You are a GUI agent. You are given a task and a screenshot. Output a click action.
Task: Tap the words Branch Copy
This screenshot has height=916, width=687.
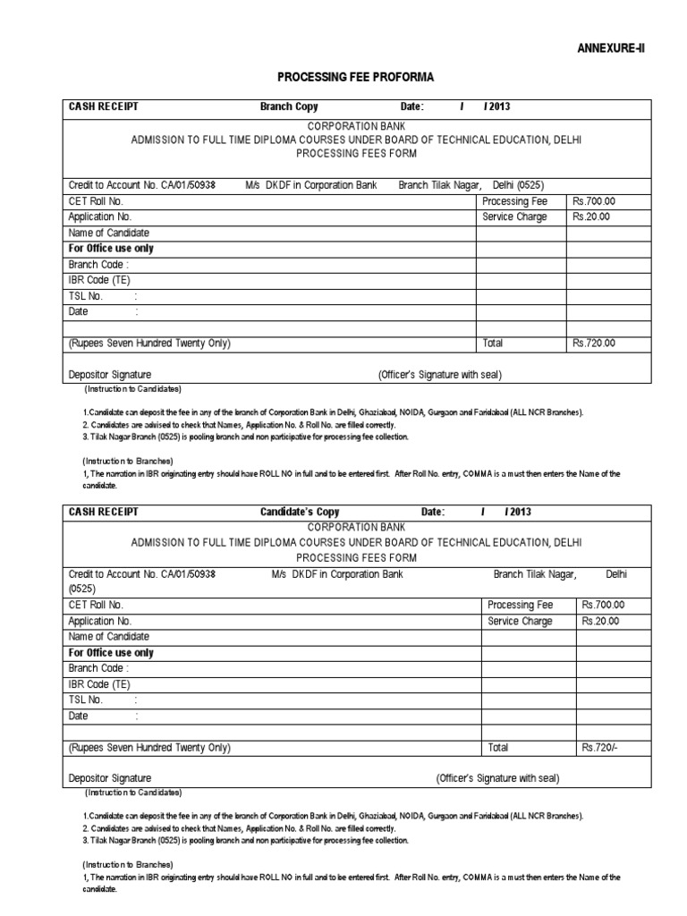[289, 107]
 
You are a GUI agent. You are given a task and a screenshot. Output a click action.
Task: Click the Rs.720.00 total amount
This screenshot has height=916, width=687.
[594, 343]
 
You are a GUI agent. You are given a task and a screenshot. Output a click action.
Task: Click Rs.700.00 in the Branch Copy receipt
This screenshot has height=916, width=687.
[594, 201]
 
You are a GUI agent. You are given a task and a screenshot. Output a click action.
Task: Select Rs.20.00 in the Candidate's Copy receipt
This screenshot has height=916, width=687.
[600, 621]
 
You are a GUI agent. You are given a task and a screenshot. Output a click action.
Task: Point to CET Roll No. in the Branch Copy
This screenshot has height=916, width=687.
[96, 201]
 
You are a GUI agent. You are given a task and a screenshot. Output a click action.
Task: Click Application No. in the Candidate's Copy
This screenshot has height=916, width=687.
[100, 621]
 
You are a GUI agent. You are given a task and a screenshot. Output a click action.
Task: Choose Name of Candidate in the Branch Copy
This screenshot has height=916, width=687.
[109, 233]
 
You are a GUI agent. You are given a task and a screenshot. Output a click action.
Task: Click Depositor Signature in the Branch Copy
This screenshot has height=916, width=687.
[110, 374]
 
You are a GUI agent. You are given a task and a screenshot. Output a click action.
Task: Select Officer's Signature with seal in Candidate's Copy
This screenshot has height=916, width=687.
[497, 778]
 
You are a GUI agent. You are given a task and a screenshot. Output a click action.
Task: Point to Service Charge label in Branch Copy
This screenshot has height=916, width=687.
[514, 216]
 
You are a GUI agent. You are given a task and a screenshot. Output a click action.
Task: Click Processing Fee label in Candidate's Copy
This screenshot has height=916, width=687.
[522, 605]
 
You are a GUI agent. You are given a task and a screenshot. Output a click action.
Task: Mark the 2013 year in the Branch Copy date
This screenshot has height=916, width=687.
[498, 107]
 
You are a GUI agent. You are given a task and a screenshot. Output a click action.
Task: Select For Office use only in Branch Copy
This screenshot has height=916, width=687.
[111, 249]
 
